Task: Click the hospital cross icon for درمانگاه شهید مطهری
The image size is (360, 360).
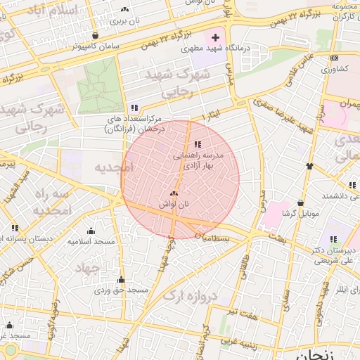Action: pos(216,37)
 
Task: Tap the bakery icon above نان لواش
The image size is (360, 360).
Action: pos(174,193)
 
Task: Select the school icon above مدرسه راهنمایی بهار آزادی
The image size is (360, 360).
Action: pos(196,144)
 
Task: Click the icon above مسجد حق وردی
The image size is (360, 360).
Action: pos(121,279)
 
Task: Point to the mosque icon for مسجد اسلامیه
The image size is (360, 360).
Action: pos(91,231)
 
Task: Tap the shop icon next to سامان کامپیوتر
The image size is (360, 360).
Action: pos(95,35)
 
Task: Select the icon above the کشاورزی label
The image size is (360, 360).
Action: pos(334,58)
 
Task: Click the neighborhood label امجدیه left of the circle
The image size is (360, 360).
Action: pos(112,167)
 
